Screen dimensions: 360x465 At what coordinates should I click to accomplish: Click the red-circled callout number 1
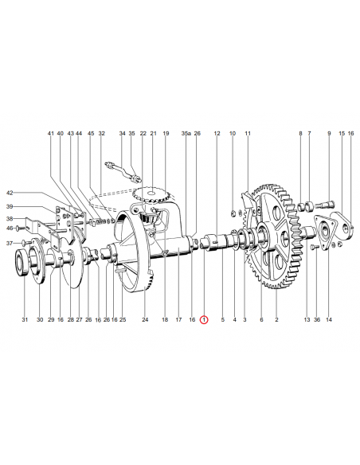click(204, 320)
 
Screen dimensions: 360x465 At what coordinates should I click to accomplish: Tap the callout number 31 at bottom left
click(25, 320)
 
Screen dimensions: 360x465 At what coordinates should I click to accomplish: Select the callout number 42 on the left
click(10, 193)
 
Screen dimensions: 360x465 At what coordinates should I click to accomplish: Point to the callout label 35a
click(186, 134)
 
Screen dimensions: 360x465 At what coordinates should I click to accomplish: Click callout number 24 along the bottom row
click(145, 320)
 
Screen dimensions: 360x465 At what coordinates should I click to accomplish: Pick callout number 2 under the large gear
click(276, 320)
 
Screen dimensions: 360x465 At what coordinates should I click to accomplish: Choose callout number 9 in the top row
click(329, 134)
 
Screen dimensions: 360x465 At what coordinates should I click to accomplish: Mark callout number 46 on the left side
click(10, 228)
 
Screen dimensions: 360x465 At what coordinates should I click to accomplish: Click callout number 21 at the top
click(153, 134)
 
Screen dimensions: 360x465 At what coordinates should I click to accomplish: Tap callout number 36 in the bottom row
click(317, 320)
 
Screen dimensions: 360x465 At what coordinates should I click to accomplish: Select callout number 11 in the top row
click(248, 134)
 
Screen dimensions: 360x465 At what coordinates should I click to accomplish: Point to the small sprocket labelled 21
click(151, 194)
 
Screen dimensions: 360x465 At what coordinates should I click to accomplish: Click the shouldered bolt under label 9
click(325, 205)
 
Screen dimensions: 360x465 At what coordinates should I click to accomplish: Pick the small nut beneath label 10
click(233, 213)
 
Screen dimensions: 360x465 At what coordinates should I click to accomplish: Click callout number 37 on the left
click(10, 244)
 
